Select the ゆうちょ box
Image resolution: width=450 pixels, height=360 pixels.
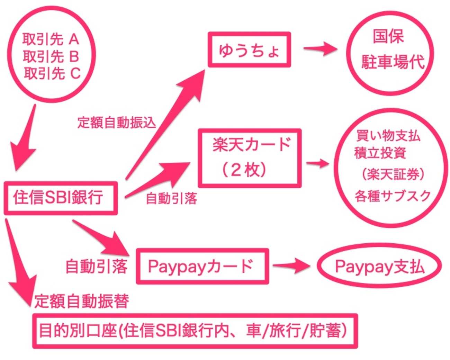(x=249, y=49)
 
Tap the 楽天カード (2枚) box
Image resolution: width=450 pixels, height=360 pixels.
(x=250, y=158)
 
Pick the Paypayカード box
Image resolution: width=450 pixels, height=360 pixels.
(x=202, y=266)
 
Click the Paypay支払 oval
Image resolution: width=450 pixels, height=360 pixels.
(x=379, y=266)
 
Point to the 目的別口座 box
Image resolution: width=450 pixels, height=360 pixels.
(x=195, y=331)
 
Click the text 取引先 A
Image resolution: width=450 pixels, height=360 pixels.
(x=51, y=39)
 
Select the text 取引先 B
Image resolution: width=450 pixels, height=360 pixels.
(x=51, y=56)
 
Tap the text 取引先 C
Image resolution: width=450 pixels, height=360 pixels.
(x=52, y=73)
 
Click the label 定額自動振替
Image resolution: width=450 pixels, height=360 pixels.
(x=82, y=301)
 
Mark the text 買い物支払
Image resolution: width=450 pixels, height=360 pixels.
(x=388, y=135)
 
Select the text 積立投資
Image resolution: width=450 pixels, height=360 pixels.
(x=380, y=153)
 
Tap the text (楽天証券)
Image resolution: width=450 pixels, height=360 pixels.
(x=393, y=174)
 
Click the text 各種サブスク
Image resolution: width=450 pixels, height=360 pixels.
(x=392, y=196)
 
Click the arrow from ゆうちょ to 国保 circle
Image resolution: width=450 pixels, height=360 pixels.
(x=320, y=49)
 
